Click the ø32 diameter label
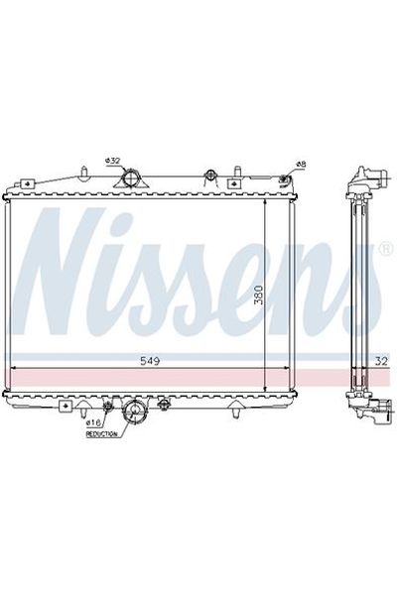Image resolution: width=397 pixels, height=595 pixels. click(112, 161)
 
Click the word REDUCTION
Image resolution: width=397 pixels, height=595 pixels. click(101, 434)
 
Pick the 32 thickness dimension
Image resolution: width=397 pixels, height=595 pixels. click(381, 360)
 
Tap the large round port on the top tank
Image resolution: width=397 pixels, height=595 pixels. click(130, 179)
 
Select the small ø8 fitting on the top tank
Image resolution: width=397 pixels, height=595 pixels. click(286, 179)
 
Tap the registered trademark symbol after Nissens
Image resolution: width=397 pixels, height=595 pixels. click(384, 244)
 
